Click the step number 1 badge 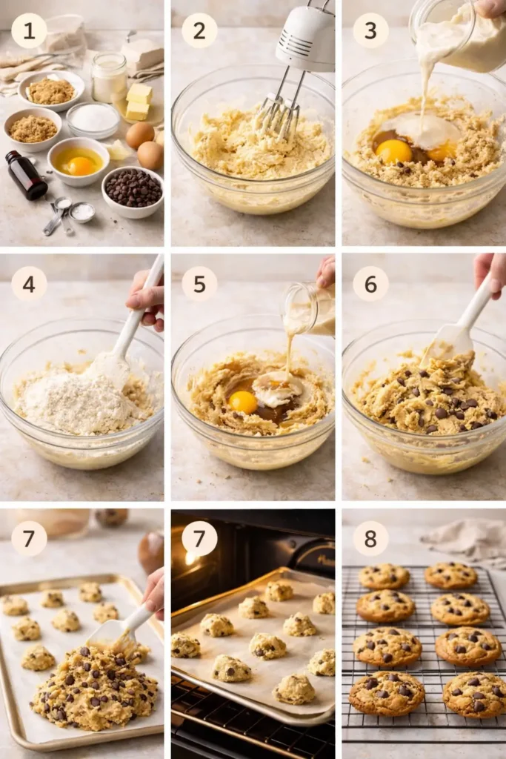point(29,30)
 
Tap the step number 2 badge point(200,30)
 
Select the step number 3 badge point(370,30)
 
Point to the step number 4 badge point(29,283)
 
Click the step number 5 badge point(200,283)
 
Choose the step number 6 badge point(370,283)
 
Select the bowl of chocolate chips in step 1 point(133,189)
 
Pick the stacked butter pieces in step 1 point(139,102)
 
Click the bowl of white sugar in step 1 point(93,119)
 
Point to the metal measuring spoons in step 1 point(63,213)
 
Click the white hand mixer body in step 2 point(305,37)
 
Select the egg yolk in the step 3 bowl point(394,150)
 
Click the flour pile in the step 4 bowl point(74,400)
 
